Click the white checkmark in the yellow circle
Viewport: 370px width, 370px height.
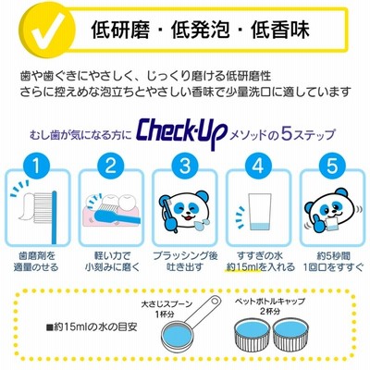click(52, 30)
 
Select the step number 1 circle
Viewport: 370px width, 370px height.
click(36, 166)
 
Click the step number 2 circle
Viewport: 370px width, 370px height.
click(110, 166)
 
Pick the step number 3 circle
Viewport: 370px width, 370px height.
click(184, 166)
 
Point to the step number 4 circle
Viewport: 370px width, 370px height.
click(258, 166)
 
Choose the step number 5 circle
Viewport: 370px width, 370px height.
click(332, 166)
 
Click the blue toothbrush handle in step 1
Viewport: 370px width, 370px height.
click(55, 217)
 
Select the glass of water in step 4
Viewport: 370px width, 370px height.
click(260, 212)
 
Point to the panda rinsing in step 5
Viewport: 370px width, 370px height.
click(328, 214)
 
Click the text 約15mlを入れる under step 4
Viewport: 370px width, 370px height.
click(261, 267)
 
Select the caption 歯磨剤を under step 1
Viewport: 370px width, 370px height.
click(36, 255)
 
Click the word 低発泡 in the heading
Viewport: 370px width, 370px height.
click(200, 30)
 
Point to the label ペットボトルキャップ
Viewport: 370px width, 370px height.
click(270, 301)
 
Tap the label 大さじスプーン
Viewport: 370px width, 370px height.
click(166, 303)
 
